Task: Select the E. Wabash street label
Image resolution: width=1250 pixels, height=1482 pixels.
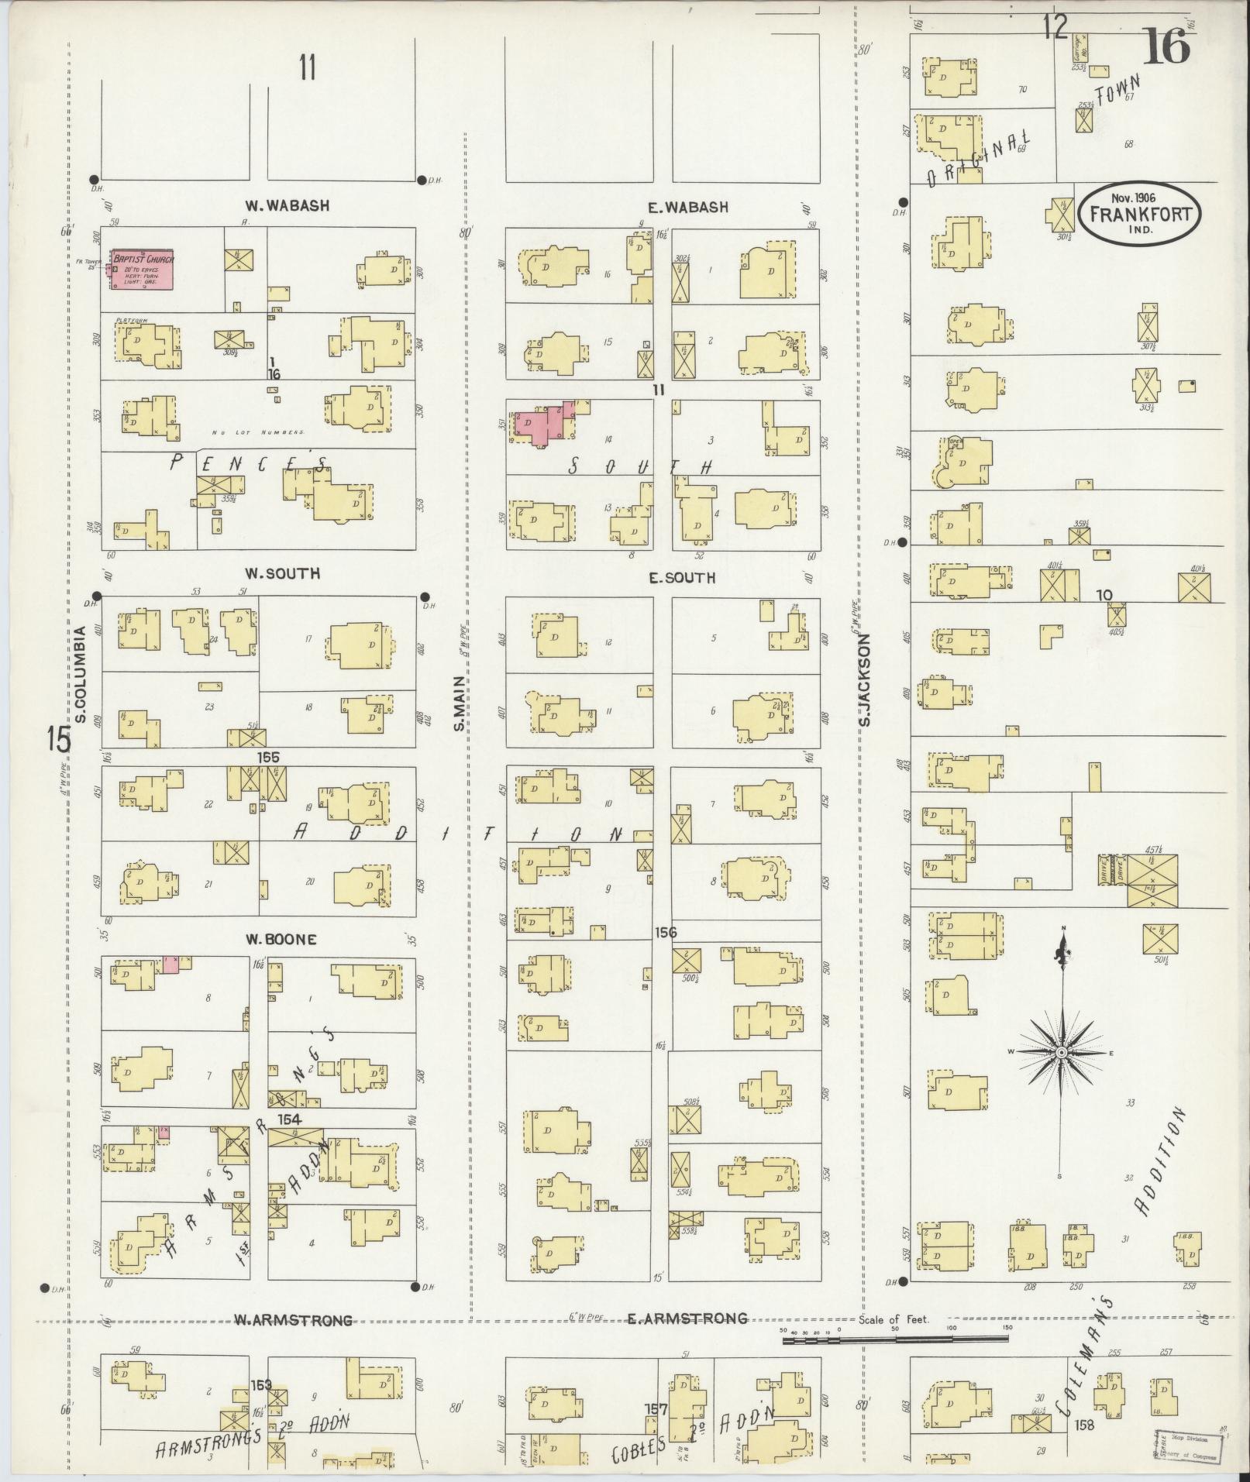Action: tap(689, 208)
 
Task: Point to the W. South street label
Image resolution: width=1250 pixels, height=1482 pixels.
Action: tap(272, 574)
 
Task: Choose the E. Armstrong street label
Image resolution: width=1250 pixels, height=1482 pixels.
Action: tap(687, 1319)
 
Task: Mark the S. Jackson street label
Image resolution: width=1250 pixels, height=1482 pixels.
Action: tap(865, 679)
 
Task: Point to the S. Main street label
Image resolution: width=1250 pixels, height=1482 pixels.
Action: tap(459, 703)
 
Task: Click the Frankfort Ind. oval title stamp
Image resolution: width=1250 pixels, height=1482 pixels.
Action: tap(1143, 214)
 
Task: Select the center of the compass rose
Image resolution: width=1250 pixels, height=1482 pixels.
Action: tap(1060, 1053)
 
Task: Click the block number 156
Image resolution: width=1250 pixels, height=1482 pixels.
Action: tap(665, 933)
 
